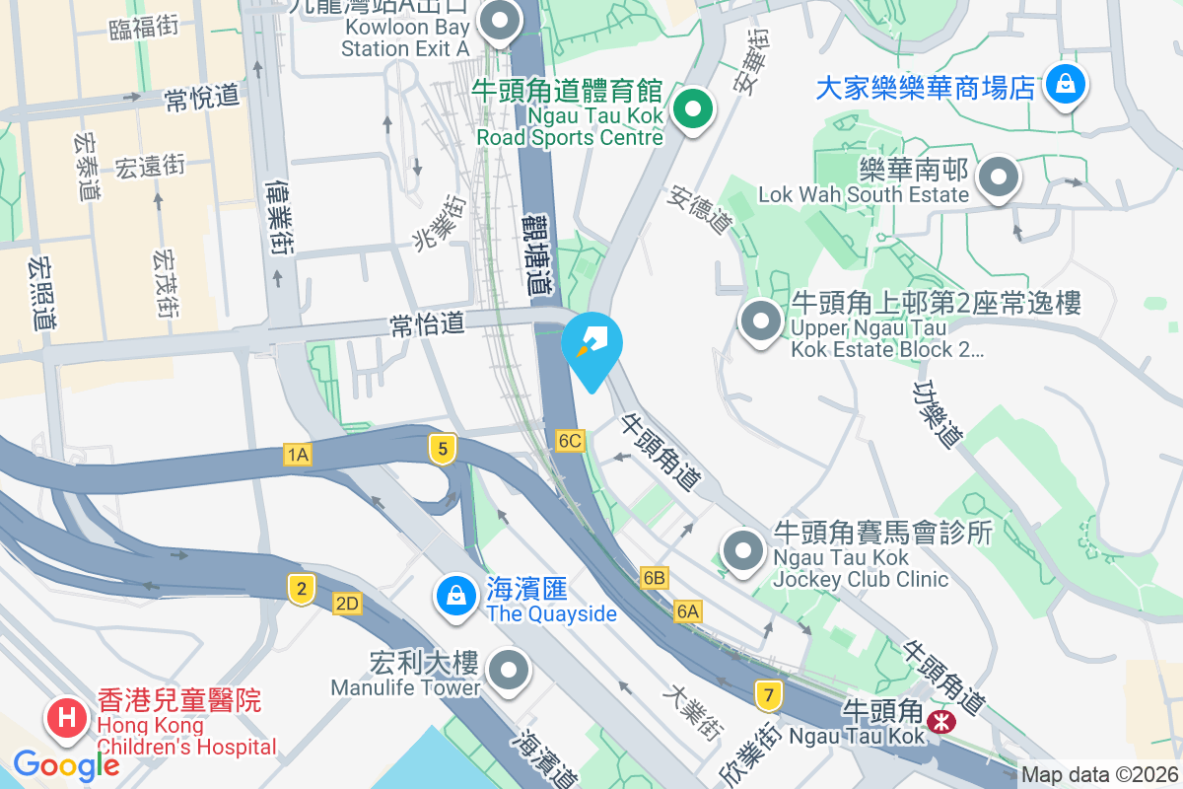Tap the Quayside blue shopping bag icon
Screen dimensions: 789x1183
[455, 595]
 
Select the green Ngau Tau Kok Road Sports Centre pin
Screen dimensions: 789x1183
[693, 110]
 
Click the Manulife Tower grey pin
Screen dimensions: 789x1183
[509, 671]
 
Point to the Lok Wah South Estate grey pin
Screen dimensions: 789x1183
[999, 179]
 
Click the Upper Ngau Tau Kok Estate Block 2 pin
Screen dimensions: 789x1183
[760, 322]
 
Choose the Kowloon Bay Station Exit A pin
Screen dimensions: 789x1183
[500, 21]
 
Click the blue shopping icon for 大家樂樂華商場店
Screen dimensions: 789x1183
[1066, 86]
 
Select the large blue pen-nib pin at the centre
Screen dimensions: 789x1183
[592, 345]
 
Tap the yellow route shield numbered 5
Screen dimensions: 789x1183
[443, 450]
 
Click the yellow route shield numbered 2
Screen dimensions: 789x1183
[301, 590]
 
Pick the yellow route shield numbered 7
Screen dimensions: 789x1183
[768, 695]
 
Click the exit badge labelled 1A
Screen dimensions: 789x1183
[297, 454]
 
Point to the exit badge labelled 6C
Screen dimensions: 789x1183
[570, 440]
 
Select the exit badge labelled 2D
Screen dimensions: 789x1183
[346, 604]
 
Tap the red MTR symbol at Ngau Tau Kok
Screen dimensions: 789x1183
[942, 722]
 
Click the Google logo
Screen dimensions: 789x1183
[66, 764]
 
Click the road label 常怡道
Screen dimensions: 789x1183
[427, 324]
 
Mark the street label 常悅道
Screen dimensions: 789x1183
[202, 97]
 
